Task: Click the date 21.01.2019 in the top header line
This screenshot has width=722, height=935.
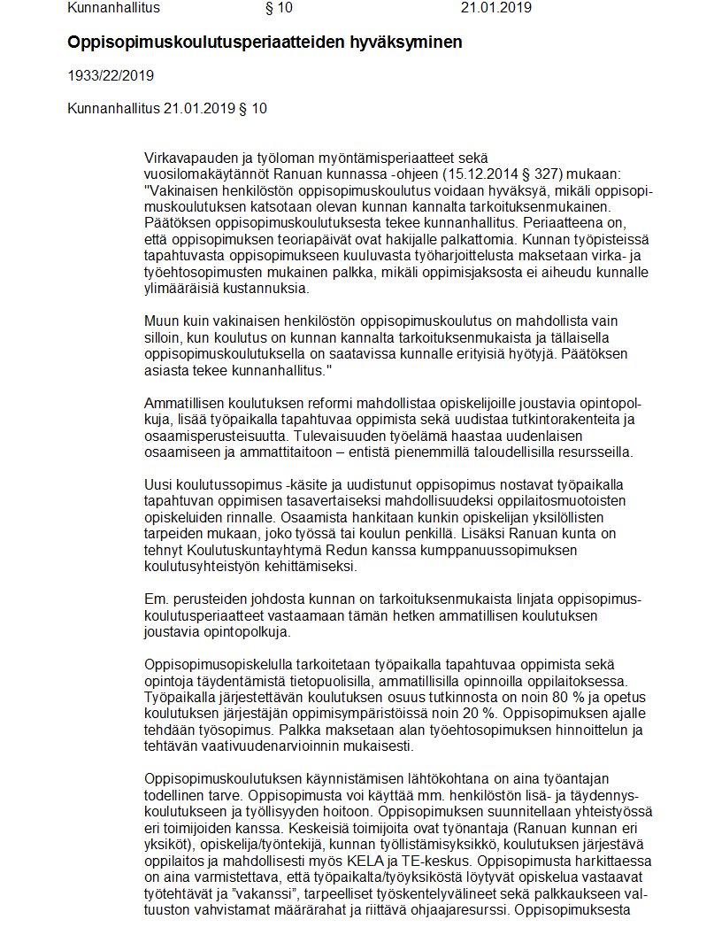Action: (495, 8)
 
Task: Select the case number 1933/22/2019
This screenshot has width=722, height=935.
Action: (111, 75)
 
